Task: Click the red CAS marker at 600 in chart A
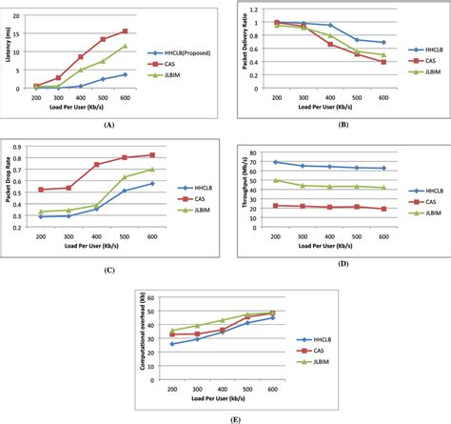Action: click(x=150, y=31)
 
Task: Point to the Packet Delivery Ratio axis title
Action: click(x=245, y=48)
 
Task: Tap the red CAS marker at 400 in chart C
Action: click(x=96, y=165)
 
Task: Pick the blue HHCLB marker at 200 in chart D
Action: click(x=276, y=162)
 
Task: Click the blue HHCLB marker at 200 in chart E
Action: click(x=171, y=344)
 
